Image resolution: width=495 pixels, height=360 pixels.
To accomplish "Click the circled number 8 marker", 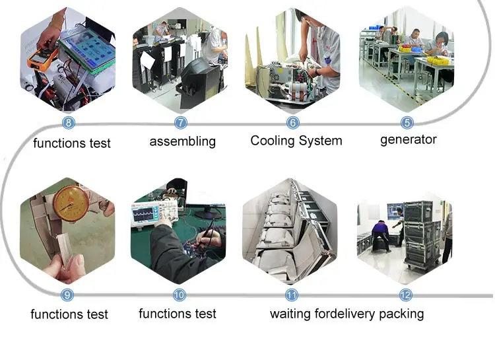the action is (69, 122).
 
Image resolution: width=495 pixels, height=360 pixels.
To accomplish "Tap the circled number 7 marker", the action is (181, 122).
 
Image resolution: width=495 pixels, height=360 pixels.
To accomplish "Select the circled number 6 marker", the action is (292, 122).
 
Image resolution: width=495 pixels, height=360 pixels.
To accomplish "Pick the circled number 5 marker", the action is (407, 122).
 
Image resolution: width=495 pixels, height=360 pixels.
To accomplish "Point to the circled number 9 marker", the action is (67, 295).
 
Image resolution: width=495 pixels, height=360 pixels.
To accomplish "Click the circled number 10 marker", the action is (180, 295).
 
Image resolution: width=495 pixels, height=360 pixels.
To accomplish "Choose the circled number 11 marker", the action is (291, 295).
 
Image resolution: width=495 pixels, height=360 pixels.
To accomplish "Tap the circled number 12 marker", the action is (406, 295).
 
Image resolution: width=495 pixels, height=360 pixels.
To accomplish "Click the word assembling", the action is (183, 141).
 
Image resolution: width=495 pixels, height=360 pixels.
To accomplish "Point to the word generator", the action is (409, 140).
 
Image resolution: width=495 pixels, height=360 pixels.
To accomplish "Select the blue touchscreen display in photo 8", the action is (88, 50).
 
